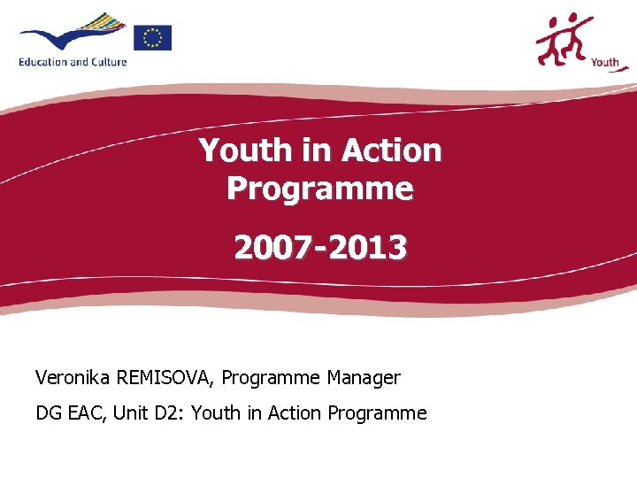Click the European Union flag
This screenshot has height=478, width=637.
pyautogui.click(x=152, y=37)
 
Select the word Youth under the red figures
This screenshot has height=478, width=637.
pyautogui.click(x=604, y=62)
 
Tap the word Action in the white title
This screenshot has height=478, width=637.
pyautogui.click(x=391, y=150)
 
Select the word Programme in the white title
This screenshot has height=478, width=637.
pyautogui.click(x=319, y=189)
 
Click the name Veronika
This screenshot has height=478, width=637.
pyautogui.click(x=73, y=378)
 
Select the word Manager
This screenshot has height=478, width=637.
pyautogui.click(x=363, y=378)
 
